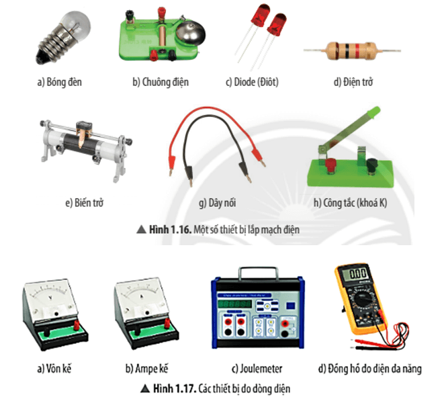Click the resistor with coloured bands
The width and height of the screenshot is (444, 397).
(x=352, y=51)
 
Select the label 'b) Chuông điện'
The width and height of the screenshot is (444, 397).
(x=161, y=82)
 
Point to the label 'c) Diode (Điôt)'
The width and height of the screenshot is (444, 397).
(x=252, y=82)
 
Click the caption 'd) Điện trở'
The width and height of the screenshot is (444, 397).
(x=353, y=82)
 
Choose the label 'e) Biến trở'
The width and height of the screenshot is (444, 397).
(x=85, y=203)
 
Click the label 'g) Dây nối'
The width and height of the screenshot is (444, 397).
(x=218, y=203)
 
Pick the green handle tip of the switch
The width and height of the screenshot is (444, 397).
(x=373, y=112)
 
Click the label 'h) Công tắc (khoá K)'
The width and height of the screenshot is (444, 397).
(x=350, y=203)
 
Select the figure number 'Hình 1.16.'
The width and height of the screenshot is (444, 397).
(x=171, y=229)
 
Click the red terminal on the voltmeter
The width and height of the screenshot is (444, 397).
(x=77, y=325)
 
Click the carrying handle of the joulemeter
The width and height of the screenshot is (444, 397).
(x=258, y=272)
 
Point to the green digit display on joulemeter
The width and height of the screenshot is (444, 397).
(x=234, y=304)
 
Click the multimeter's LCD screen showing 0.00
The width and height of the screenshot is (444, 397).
(x=357, y=274)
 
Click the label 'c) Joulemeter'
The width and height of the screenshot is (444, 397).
(x=257, y=369)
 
